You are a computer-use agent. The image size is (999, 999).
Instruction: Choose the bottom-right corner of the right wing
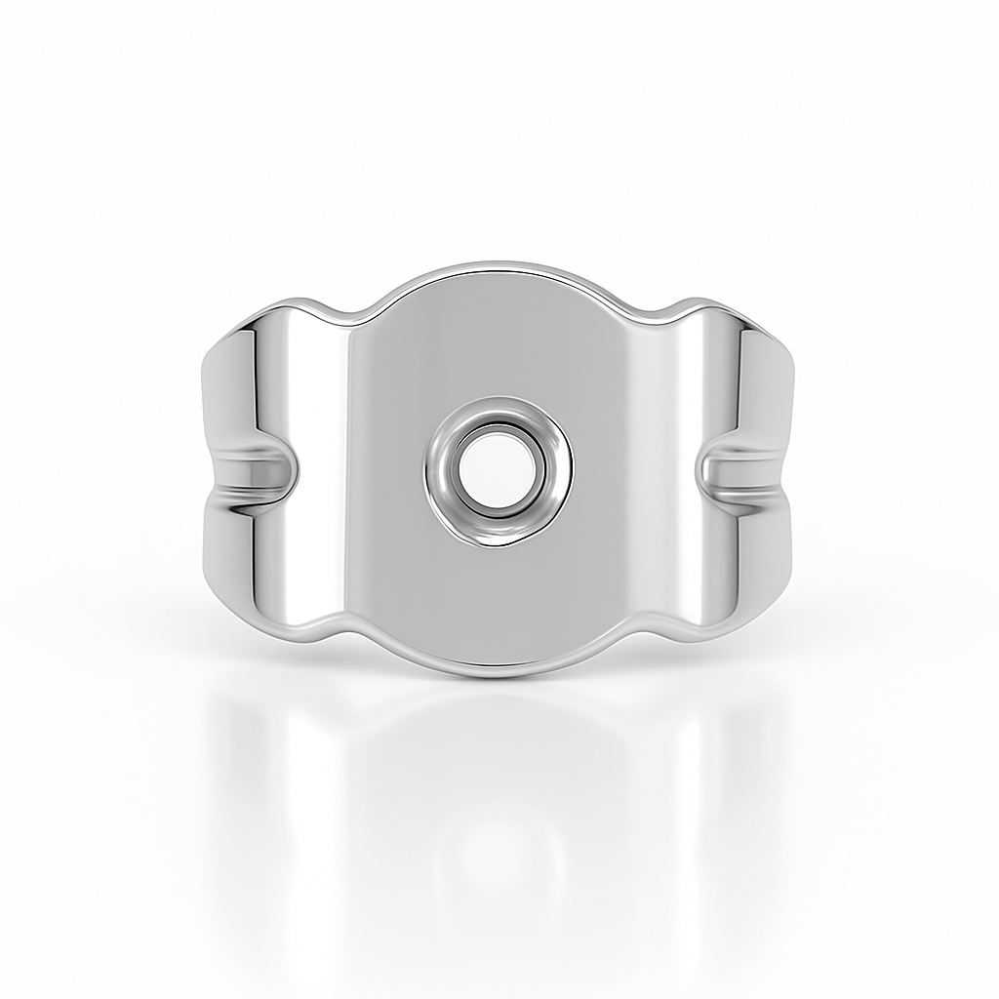(788, 576)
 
